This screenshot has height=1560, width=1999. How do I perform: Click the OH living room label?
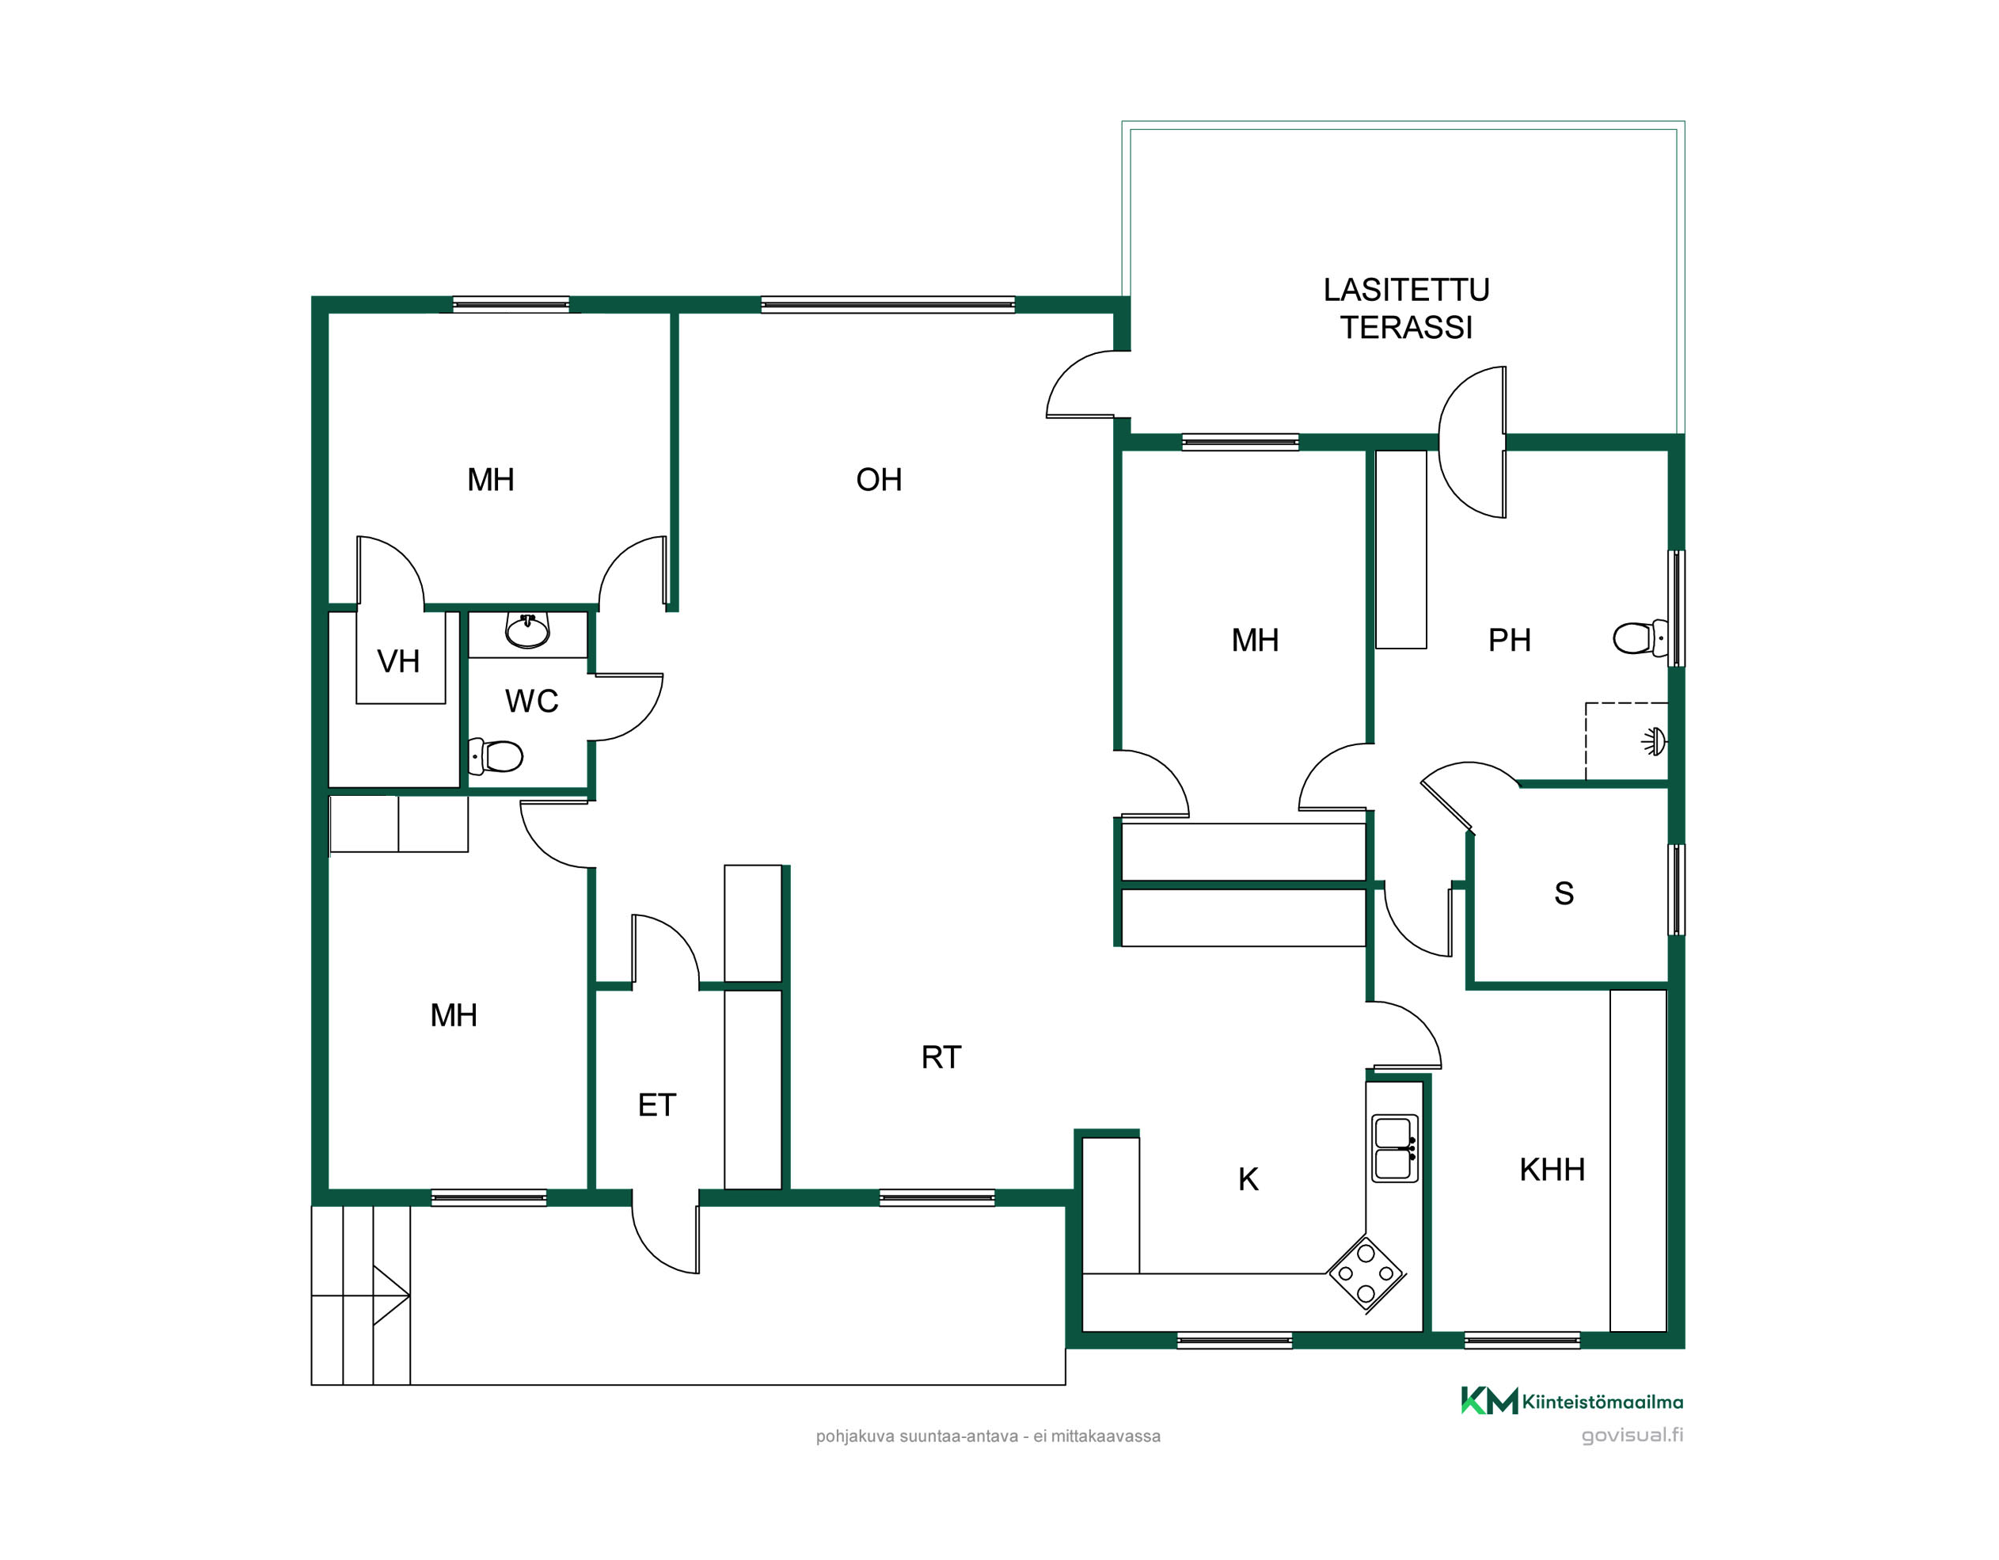tap(879, 480)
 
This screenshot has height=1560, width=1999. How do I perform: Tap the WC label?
tap(531, 702)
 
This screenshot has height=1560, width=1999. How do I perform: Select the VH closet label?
tap(398, 662)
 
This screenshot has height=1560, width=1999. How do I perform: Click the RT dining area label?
tap(941, 1057)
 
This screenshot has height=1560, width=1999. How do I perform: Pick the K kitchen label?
tap(1248, 1180)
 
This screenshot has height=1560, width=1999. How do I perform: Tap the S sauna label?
tap(1564, 893)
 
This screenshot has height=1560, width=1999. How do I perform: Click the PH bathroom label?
tap(1509, 641)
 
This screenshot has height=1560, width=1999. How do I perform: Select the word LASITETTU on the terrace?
tap(1406, 290)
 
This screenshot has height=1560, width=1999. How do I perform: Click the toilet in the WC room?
tap(495, 757)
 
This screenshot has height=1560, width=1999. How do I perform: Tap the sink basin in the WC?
tap(527, 630)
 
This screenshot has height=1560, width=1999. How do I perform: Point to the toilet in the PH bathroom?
tap(1640, 638)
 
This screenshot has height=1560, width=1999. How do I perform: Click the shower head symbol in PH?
tap(1655, 740)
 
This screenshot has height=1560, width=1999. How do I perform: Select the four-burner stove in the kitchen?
tap(1366, 1274)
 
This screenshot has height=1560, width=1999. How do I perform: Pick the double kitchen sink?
tap(1395, 1148)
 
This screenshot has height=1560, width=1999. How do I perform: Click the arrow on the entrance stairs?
tap(391, 1296)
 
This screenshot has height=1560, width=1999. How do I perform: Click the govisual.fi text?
tap(1632, 1436)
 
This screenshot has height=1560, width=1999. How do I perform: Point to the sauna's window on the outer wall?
tap(1676, 890)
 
